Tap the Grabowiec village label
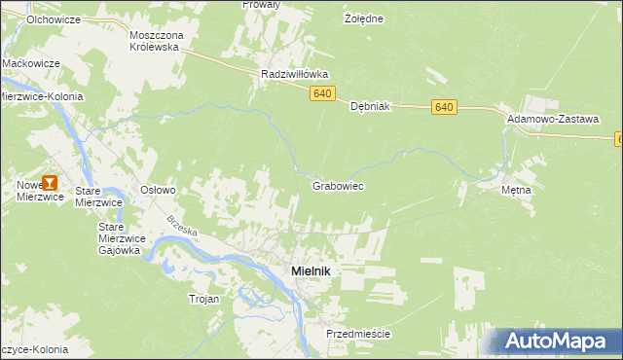point(338,184)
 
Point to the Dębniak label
point(370,107)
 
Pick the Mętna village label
point(516,190)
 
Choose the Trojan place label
point(204,299)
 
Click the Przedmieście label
point(358,334)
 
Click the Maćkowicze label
point(31,63)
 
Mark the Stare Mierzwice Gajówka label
point(121,237)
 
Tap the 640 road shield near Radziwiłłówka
point(324,93)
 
